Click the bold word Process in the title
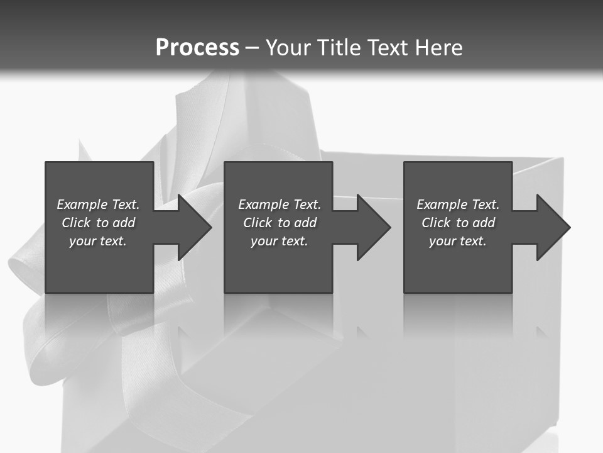pos(197,47)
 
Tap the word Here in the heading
pos(439,48)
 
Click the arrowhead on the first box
pos(192,227)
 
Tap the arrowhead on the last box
pos(550,227)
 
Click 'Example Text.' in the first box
pos(98,204)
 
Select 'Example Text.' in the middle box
pos(280,204)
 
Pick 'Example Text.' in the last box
pos(458,204)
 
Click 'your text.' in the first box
pos(98,241)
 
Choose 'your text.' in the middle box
pos(280,241)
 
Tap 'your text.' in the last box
pos(458,241)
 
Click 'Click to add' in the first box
pos(98,223)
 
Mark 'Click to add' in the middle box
pos(280,223)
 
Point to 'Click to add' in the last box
pos(458,223)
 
